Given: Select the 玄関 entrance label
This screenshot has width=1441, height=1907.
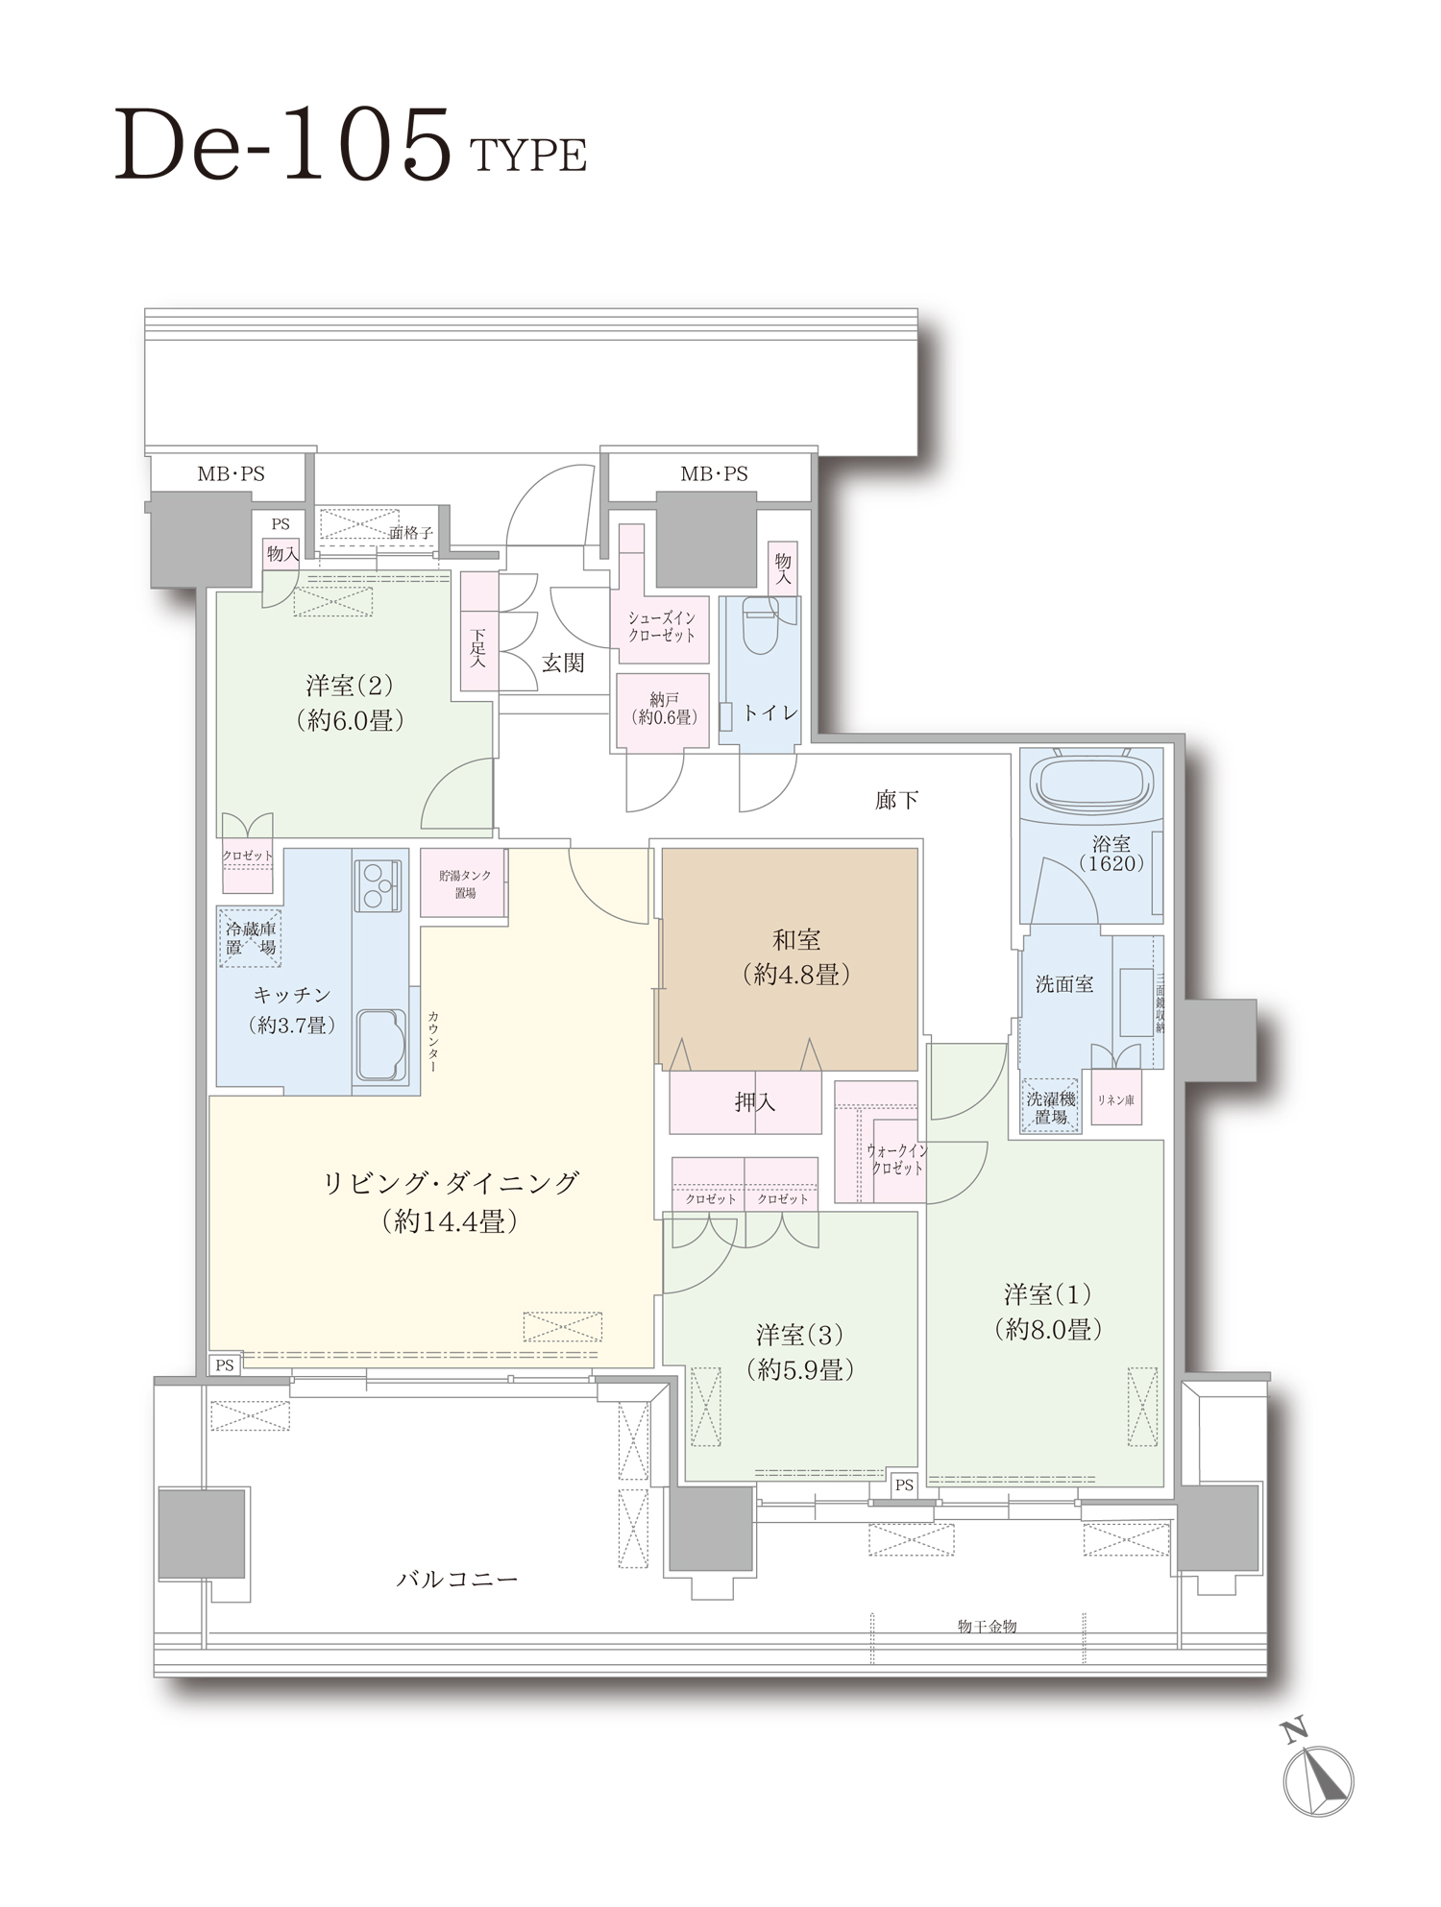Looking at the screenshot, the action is pyautogui.click(x=562, y=663).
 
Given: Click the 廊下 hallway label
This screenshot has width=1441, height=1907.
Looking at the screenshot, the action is pyautogui.click(x=896, y=800).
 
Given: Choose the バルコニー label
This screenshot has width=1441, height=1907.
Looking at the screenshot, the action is pyautogui.click(x=457, y=1579).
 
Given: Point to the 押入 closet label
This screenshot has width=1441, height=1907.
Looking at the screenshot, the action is pyautogui.click(x=754, y=1102).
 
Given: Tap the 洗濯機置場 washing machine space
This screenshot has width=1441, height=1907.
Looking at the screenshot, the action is pyautogui.click(x=1051, y=1107).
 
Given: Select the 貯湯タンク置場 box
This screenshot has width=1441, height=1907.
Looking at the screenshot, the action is pyautogui.click(x=465, y=883).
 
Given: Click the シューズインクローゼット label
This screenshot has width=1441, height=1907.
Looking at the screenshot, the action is pyautogui.click(x=662, y=626).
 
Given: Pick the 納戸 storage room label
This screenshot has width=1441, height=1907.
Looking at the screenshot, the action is pyautogui.click(x=663, y=709).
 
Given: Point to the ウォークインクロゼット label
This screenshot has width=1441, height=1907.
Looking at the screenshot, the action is pyautogui.click(x=896, y=1159).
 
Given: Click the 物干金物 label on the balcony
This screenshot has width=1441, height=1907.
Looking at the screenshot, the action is pyautogui.click(x=987, y=1626).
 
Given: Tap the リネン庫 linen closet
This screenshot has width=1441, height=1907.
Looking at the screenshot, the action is pyautogui.click(x=1115, y=1100).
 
